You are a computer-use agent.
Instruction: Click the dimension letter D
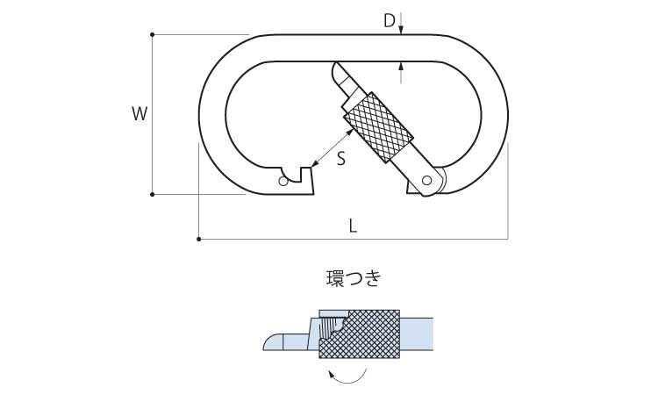[390, 20]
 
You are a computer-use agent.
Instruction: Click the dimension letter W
[139, 114]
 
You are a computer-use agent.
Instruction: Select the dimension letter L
[354, 226]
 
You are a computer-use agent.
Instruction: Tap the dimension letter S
[341, 159]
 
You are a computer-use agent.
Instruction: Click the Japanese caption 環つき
[354, 279]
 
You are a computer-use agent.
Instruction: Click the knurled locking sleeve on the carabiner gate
[378, 127]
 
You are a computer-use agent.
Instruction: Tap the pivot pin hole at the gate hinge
[426, 181]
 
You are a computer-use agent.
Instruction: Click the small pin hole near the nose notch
[283, 182]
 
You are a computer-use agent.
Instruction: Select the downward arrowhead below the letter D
[401, 30]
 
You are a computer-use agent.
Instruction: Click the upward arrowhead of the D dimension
[401, 66]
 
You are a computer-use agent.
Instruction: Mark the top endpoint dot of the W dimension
[153, 34]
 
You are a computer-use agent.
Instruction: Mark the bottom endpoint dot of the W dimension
[153, 194]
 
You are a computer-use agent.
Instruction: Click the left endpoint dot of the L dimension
[199, 240]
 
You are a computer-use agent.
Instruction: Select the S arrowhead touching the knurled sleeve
[349, 133]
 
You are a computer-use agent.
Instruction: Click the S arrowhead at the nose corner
[316, 164]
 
